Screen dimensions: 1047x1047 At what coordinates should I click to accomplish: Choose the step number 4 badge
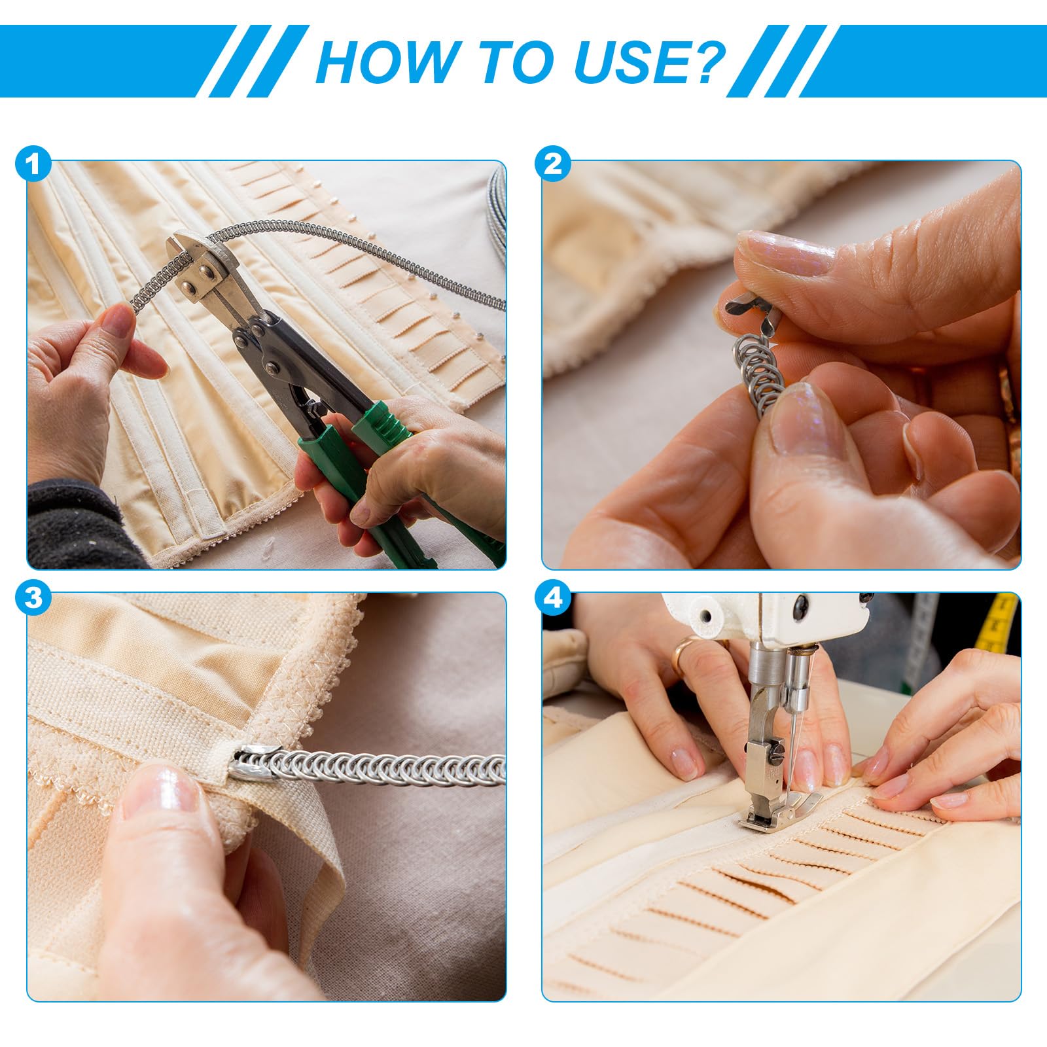point(552,597)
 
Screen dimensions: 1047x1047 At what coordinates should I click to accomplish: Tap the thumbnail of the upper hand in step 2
point(785,253)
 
